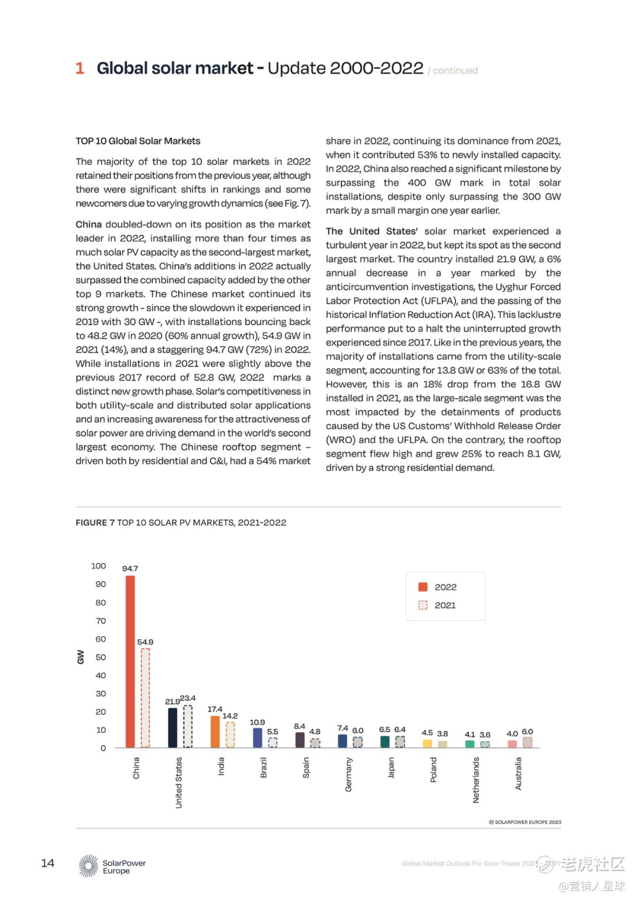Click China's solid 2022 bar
pos(130,661)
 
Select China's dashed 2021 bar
pos(145,697)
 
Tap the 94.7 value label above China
pos(130,569)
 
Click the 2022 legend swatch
pos(423,587)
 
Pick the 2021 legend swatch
pos(423,605)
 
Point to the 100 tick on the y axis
pos(98,566)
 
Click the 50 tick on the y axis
pos(101,657)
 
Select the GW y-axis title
pos(81,657)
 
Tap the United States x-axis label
pos(179,782)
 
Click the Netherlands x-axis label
pos(476,780)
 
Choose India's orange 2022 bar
pos(215,732)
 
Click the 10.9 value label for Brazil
pos(257,722)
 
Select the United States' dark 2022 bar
pos(173,728)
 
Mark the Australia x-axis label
pos(518,774)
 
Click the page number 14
pos(48,863)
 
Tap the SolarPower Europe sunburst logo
pos(89,866)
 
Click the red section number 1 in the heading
pos(80,68)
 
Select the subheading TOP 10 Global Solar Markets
pos(138,141)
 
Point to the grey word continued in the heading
pos(455,71)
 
